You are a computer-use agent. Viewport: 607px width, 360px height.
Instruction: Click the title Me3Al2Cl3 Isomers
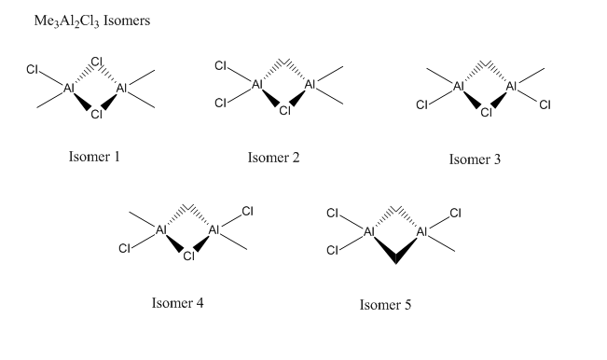[92, 21]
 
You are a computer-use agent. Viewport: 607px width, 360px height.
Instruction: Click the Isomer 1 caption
[94, 157]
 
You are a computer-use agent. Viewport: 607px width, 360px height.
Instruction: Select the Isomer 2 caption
[274, 158]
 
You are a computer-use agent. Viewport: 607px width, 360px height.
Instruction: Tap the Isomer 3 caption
[475, 159]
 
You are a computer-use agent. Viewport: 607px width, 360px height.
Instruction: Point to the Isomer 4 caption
[178, 303]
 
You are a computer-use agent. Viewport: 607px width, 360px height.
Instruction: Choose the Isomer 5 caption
[386, 305]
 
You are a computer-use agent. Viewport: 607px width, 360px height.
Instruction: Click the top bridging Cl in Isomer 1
[97, 62]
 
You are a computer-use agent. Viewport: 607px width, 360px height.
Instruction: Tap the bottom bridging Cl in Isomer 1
[97, 114]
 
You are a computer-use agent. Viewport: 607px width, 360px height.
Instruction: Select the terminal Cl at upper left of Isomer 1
[32, 70]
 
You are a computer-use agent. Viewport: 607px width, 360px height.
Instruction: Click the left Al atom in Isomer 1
[68, 89]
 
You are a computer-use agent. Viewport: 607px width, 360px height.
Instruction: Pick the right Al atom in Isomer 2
[310, 84]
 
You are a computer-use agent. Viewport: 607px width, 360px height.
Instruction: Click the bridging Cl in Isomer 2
[285, 111]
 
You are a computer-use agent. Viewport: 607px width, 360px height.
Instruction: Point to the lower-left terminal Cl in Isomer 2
[221, 103]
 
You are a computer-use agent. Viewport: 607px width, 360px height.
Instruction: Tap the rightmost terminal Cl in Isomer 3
[545, 104]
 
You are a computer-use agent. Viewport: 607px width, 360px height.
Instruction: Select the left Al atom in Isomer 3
[459, 86]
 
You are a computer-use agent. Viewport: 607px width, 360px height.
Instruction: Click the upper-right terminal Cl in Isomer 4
[247, 212]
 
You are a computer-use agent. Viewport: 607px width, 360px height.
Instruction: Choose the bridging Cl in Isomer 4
[189, 256]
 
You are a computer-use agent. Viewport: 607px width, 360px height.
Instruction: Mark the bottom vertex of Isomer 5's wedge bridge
[395, 263]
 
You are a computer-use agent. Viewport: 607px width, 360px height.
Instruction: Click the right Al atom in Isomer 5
[421, 232]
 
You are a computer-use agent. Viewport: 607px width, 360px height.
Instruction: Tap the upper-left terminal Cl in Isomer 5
[333, 214]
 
